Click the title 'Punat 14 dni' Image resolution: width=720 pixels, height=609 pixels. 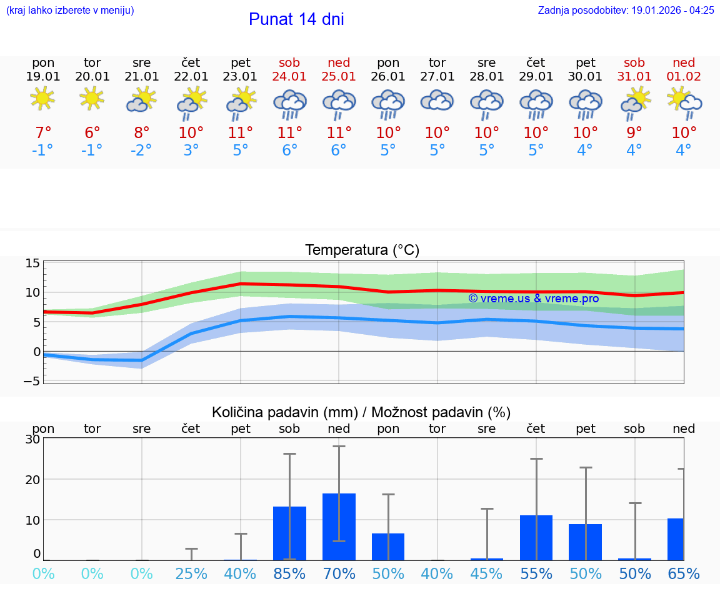[x=296, y=19]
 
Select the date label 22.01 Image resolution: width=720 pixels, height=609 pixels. [x=191, y=76]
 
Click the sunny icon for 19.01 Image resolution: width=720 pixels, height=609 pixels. [x=43, y=99]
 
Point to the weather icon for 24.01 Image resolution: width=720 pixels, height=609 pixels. [x=289, y=104]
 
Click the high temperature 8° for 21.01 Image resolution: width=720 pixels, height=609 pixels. [x=142, y=133]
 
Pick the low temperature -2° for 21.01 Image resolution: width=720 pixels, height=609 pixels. [x=142, y=151]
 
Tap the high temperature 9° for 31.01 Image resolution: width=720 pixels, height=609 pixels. [x=634, y=133]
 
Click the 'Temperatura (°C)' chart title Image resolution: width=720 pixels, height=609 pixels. [x=362, y=250]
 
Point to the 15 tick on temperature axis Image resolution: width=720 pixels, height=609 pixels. [x=32, y=263]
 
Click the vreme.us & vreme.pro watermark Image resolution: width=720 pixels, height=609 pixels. [x=533, y=299]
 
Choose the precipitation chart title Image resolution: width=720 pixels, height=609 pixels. [x=361, y=412]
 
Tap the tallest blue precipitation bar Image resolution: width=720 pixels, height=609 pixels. [x=339, y=527]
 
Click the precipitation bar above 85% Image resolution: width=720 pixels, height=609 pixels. [x=289, y=533]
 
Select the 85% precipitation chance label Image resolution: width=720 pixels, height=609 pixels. [x=289, y=574]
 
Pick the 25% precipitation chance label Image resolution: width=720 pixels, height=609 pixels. [x=191, y=574]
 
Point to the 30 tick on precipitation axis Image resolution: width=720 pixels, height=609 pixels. [x=32, y=439]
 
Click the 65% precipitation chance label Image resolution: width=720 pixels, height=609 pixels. [x=684, y=574]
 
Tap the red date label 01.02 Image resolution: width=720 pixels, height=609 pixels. [x=684, y=76]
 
